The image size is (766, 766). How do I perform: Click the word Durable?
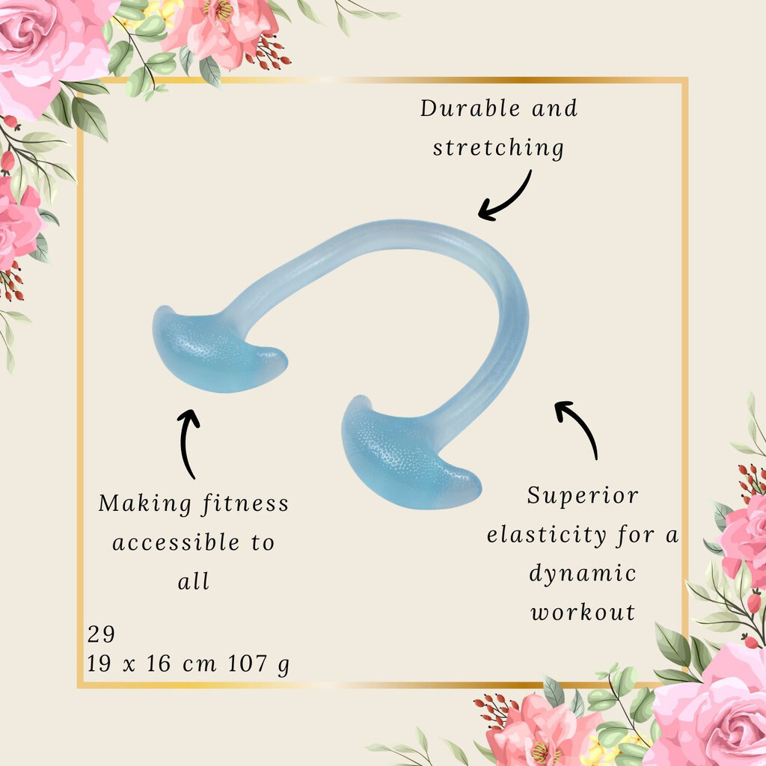pyautogui.click(x=470, y=108)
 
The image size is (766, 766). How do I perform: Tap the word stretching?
pyautogui.click(x=498, y=148)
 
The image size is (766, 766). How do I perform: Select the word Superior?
pyautogui.click(x=583, y=496)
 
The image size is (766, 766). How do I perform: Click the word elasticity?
pyautogui.click(x=547, y=535)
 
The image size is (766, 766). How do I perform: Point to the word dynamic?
pyautogui.click(x=583, y=574)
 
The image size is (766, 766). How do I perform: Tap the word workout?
pyautogui.click(x=583, y=612)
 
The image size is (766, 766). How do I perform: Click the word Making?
pyautogui.click(x=144, y=503)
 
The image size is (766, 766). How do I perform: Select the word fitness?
pyautogui.click(x=245, y=503)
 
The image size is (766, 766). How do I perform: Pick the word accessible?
pyautogui.click(x=176, y=542)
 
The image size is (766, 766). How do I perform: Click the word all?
pyautogui.click(x=194, y=581)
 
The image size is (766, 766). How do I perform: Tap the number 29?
pyautogui.click(x=101, y=634)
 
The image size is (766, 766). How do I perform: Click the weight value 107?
pyautogui.click(x=248, y=664)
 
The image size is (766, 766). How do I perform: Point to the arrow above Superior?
pyautogui.click(x=580, y=425)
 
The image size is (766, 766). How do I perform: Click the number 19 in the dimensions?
pyautogui.click(x=99, y=664)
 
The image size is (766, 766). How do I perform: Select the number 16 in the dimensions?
pyautogui.click(x=159, y=664)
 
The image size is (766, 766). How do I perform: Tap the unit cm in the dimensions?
pyautogui.click(x=199, y=665)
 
